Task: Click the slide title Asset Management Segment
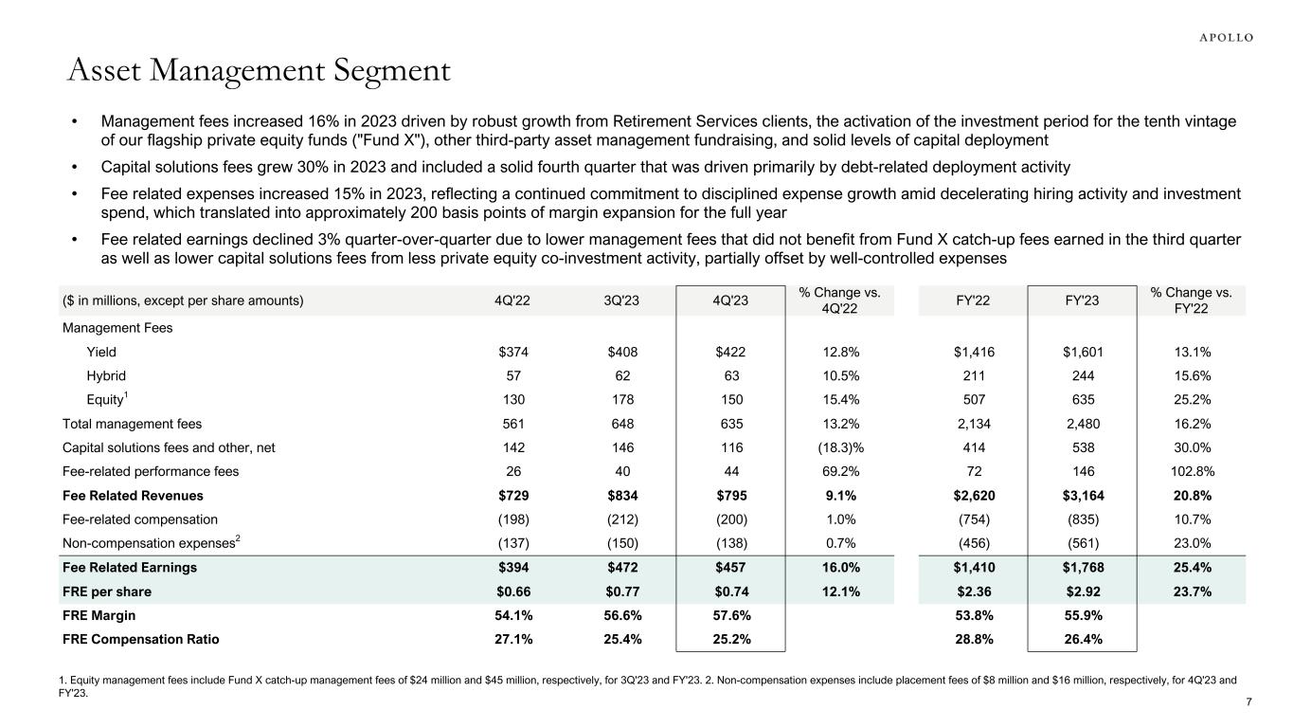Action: (258, 71)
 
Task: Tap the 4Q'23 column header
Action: (731, 301)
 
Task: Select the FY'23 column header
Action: (1081, 301)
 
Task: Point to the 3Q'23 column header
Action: (623, 301)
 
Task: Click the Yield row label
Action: (101, 352)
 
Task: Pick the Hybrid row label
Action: (105, 375)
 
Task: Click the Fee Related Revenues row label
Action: (133, 496)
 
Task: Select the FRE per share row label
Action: (107, 592)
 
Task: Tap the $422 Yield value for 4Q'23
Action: (731, 352)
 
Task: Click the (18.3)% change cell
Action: (840, 447)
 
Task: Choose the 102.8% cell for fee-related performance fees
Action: (1192, 471)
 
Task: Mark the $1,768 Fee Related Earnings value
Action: (1081, 569)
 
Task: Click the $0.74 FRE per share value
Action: (731, 592)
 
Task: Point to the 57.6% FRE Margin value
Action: (731, 616)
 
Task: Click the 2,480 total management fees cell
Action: (1081, 424)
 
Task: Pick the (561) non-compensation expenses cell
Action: (1081, 544)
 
